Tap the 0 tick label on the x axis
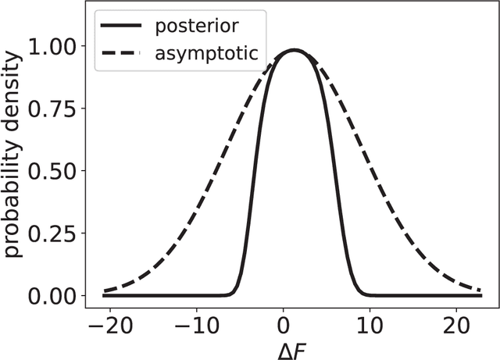(x=284, y=325)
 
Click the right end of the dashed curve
(x=480, y=291)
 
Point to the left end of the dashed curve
(x=105, y=290)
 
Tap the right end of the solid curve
(x=480, y=295)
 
